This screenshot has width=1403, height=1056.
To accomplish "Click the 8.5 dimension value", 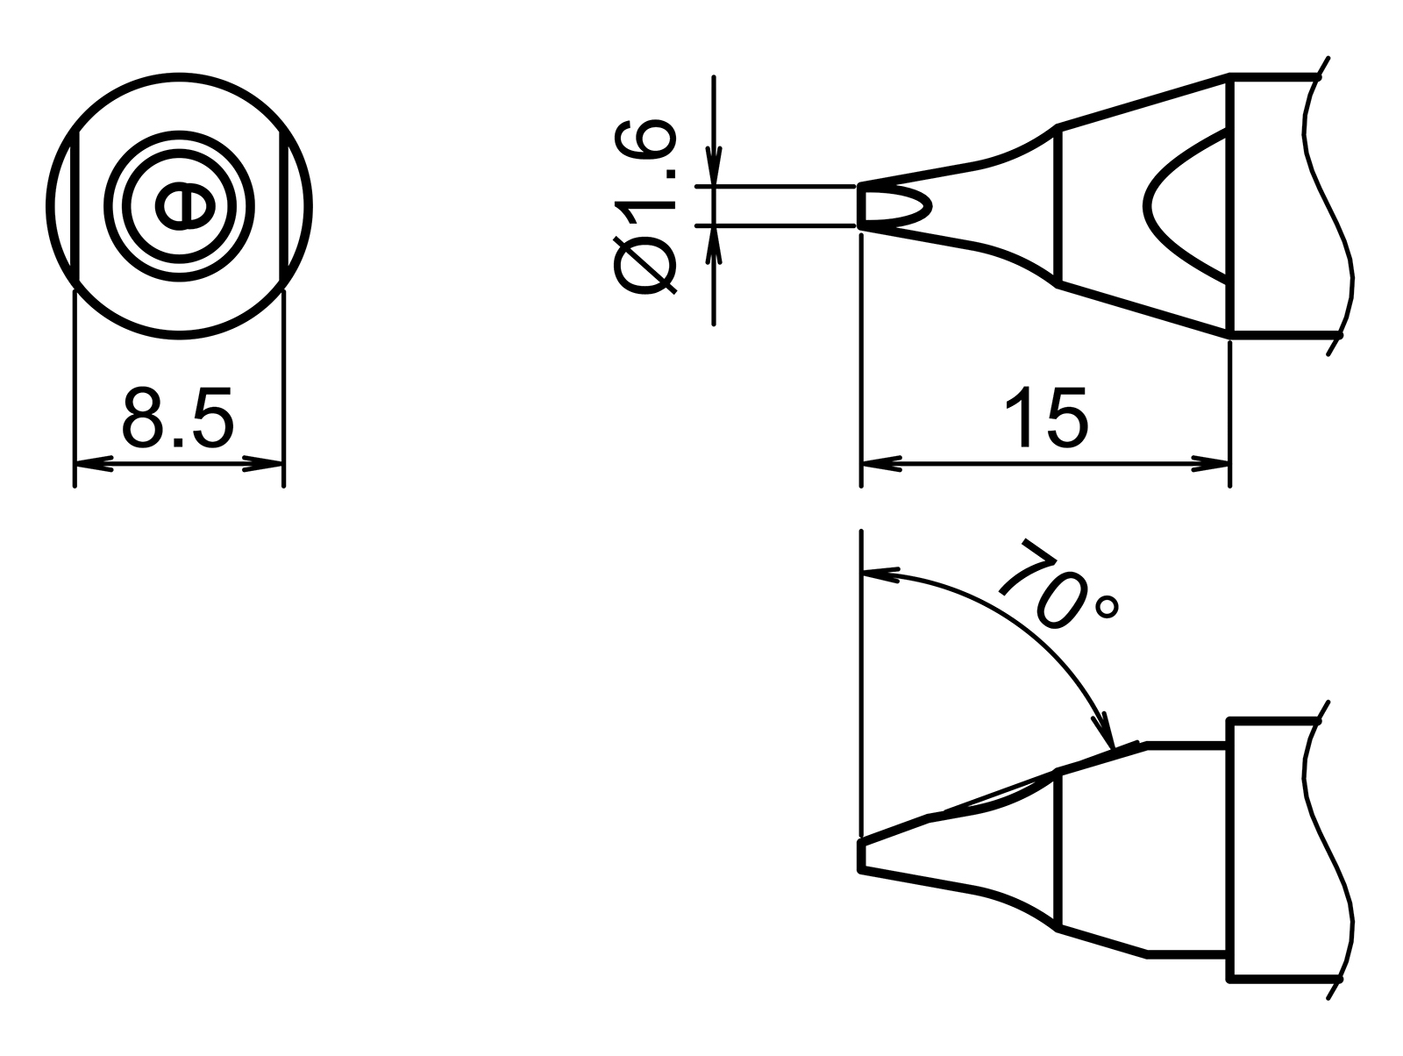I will [178, 417].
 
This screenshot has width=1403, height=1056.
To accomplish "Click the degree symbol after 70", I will [1108, 607].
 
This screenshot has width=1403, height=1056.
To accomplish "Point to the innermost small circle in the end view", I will [184, 206].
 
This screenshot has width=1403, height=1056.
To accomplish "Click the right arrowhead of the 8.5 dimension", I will [264, 463].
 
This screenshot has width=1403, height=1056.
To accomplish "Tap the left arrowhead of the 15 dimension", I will [881, 463].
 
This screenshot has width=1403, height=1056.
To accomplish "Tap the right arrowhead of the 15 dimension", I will [1211, 463].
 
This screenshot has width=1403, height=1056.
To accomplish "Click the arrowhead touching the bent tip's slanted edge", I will [1103, 733].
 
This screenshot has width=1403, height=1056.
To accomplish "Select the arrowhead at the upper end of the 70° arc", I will [881, 574].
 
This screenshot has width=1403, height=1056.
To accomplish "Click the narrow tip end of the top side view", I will [862, 207].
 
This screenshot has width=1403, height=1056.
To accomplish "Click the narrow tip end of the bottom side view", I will [861, 855].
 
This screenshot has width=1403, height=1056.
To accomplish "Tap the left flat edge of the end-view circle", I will [79, 206].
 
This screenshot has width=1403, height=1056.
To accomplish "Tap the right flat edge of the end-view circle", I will [282, 206].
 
